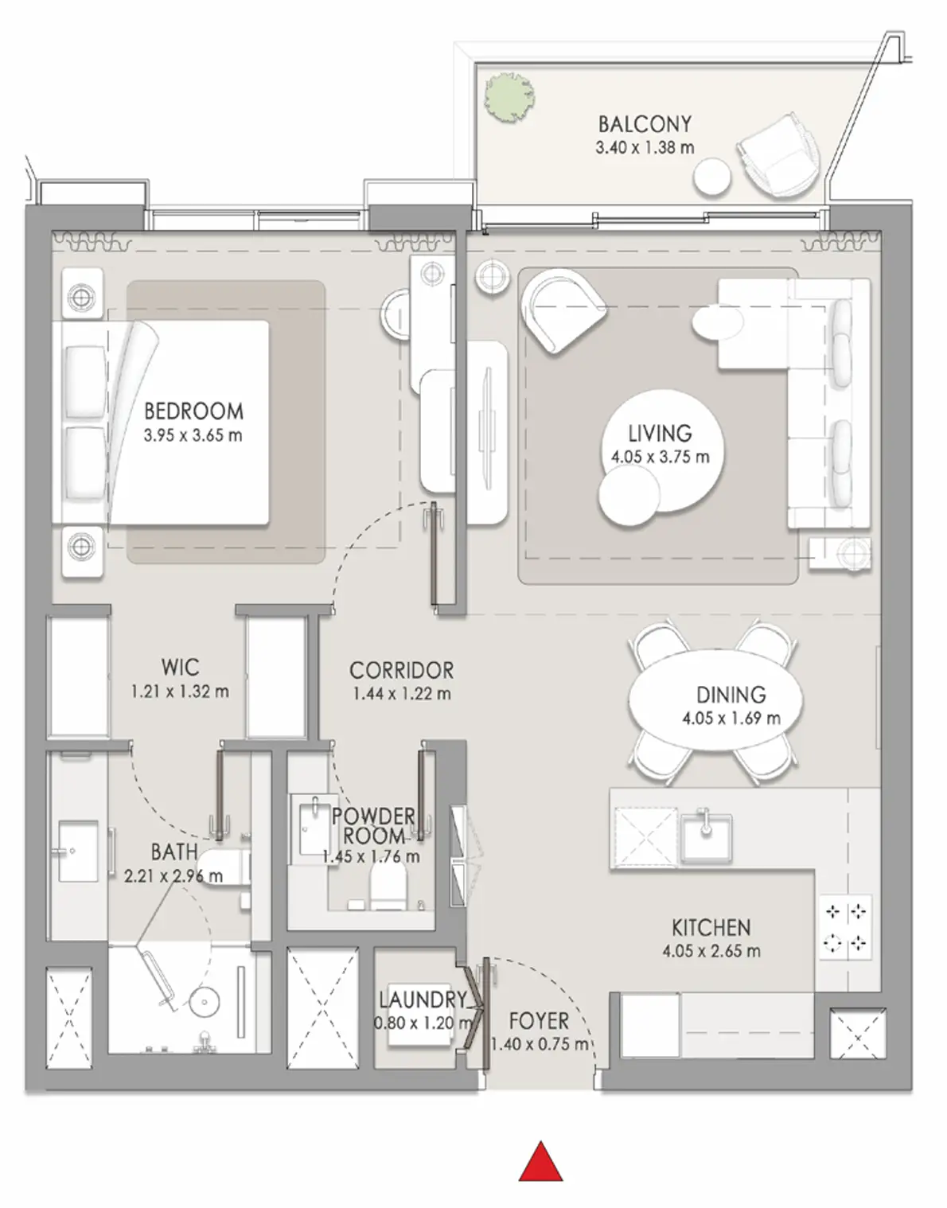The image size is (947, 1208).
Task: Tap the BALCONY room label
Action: click(645, 124)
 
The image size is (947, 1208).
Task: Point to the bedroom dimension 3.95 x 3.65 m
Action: click(193, 435)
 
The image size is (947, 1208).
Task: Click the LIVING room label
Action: click(661, 433)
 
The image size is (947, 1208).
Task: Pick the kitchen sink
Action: click(707, 837)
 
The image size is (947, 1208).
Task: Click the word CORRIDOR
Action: click(401, 670)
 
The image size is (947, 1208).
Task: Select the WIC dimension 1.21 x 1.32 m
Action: click(180, 692)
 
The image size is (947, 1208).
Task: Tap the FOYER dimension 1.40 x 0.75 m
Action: click(539, 1045)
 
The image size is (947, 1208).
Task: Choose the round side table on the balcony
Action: click(712, 177)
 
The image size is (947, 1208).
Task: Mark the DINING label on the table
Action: click(731, 695)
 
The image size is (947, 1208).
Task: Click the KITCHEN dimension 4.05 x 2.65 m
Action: click(711, 951)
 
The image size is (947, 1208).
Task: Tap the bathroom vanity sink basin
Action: click(78, 851)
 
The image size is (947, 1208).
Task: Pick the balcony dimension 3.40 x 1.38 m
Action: click(645, 148)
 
